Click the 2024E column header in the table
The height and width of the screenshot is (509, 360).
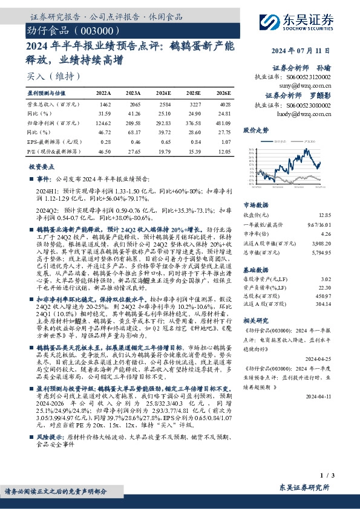[163, 93]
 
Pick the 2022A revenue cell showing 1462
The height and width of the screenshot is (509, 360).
[105, 105]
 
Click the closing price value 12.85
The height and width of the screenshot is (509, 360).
[326, 215]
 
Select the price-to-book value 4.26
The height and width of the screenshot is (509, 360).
[327, 233]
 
